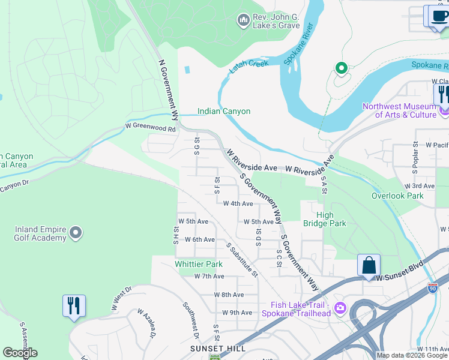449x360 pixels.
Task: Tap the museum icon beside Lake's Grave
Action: click(x=243, y=21)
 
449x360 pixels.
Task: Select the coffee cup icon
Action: click(x=438, y=16)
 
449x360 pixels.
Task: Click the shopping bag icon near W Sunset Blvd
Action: click(x=368, y=265)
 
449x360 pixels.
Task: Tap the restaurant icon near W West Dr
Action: click(x=74, y=305)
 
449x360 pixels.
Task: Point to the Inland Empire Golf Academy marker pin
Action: click(x=75, y=233)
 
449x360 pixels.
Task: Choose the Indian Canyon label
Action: click(x=224, y=111)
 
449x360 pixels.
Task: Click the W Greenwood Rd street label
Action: click(x=150, y=128)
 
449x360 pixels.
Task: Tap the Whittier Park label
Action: click(x=198, y=264)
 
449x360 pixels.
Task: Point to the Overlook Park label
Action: click(x=397, y=196)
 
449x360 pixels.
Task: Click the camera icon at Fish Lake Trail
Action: click(x=340, y=308)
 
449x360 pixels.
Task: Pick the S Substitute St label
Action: click(x=241, y=260)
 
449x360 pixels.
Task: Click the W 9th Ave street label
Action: click(x=237, y=313)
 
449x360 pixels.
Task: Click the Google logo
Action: click(x=20, y=353)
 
